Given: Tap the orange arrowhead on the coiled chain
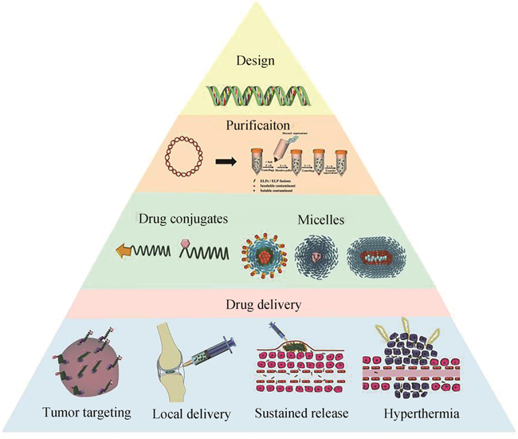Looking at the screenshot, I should coord(125,251).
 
